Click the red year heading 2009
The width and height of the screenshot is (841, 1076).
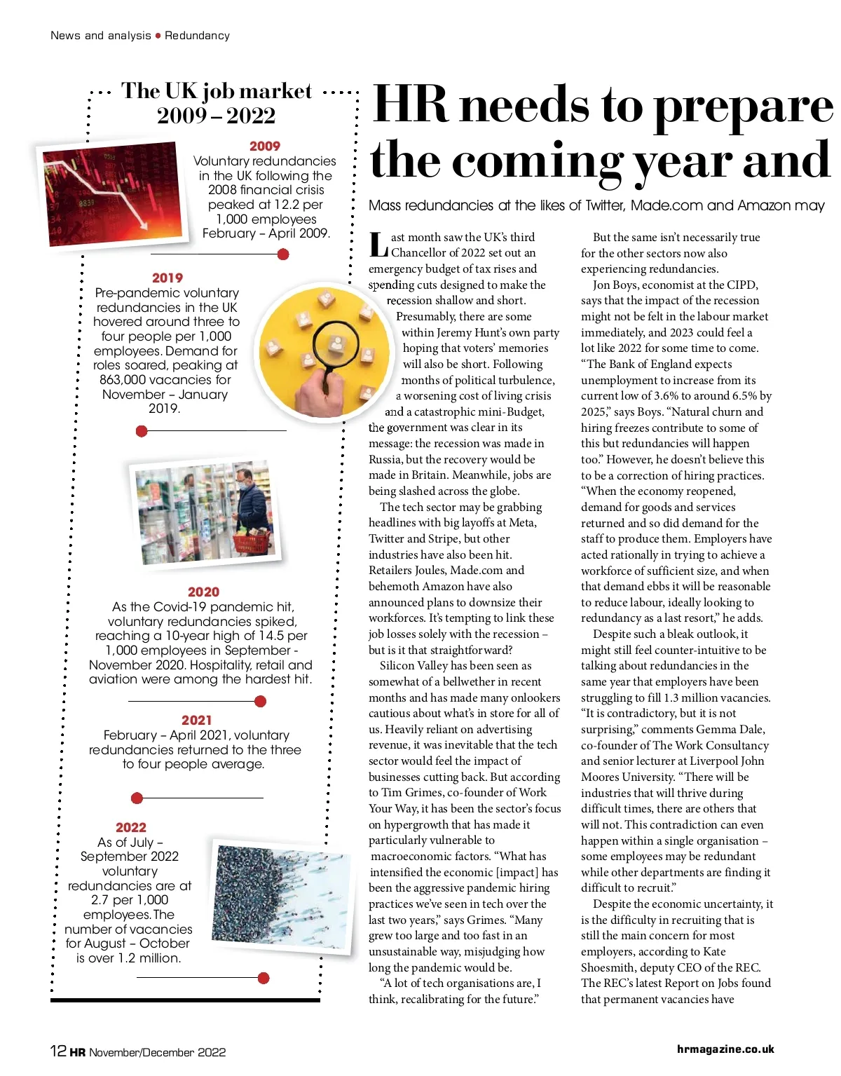point(264,146)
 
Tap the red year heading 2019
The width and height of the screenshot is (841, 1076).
point(167,278)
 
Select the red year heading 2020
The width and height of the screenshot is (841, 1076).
point(203,592)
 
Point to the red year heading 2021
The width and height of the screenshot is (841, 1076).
point(196,720)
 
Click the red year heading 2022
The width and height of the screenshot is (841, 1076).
point(131,827)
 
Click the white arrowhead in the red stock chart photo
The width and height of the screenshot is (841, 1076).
point(143,225)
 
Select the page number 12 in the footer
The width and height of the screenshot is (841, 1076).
point(58,1051)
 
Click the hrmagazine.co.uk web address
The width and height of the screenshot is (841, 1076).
point(725,1049)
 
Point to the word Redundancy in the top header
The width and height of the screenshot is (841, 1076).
point(197,35)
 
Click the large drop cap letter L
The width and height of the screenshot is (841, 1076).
point(378,245)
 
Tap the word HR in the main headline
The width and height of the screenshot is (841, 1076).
point(409,105)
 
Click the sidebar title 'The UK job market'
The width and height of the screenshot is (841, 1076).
point(217,90)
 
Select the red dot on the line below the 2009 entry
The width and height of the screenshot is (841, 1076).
point(283,254)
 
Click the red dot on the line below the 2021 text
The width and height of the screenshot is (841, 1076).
point(137,798)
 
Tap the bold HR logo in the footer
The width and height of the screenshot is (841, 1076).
point(77,1051)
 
